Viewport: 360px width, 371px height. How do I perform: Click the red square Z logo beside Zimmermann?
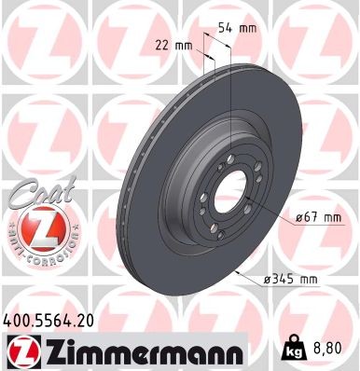(x=20, y=351)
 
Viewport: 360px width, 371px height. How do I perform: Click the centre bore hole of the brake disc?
(x=227, y=191)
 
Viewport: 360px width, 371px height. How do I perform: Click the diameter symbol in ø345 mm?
(x=268, y=278)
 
